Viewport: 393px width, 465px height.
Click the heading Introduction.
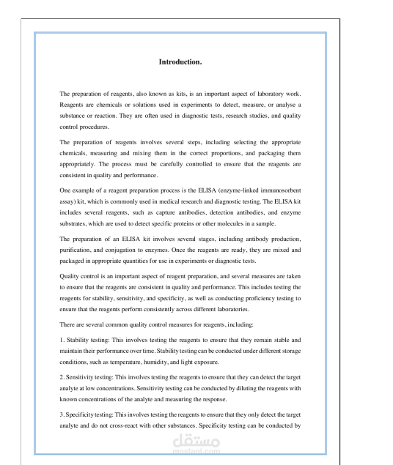[180, 62]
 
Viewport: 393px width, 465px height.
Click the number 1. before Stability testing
[62, 341]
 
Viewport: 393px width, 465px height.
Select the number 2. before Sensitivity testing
[62, 377]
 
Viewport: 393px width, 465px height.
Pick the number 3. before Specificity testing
[62, 414]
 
